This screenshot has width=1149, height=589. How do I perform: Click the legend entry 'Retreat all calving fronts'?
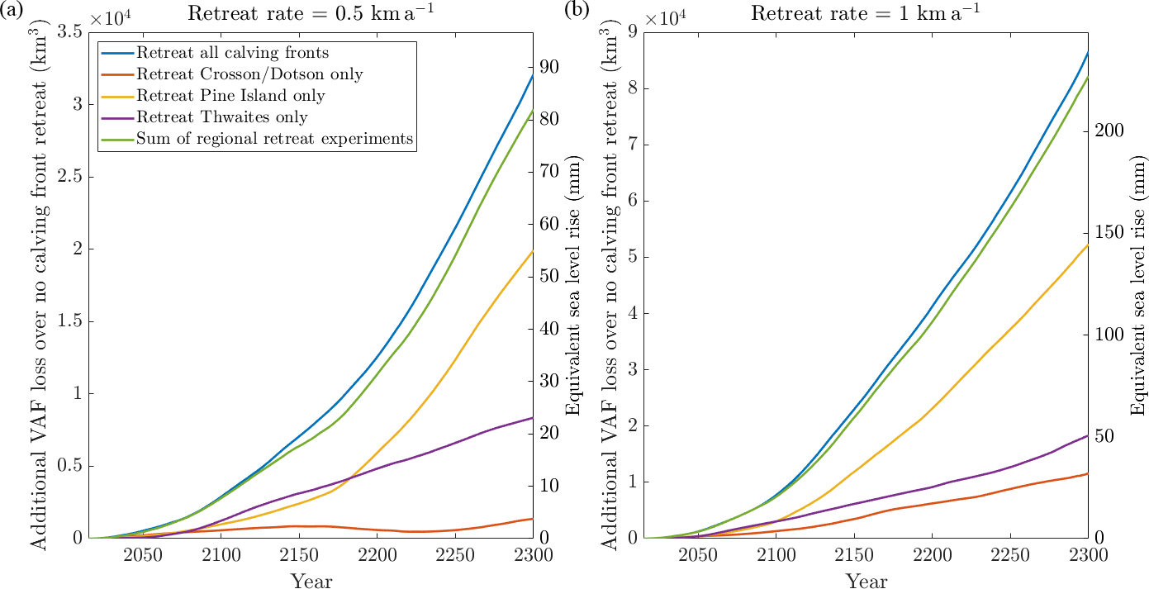tap(233, 53)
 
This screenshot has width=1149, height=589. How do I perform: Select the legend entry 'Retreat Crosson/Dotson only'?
tap(250, 74)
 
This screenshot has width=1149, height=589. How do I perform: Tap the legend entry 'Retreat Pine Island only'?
tap(230, 96)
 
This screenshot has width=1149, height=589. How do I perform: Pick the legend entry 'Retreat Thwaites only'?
tap(222, 117)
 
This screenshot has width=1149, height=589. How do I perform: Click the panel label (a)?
tap(16, 11)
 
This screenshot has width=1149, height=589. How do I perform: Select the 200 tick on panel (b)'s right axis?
tap(1106, 131)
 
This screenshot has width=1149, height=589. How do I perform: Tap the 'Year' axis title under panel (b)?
tap(866, 581)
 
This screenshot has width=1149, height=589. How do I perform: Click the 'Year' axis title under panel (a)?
tap(311, 581)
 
